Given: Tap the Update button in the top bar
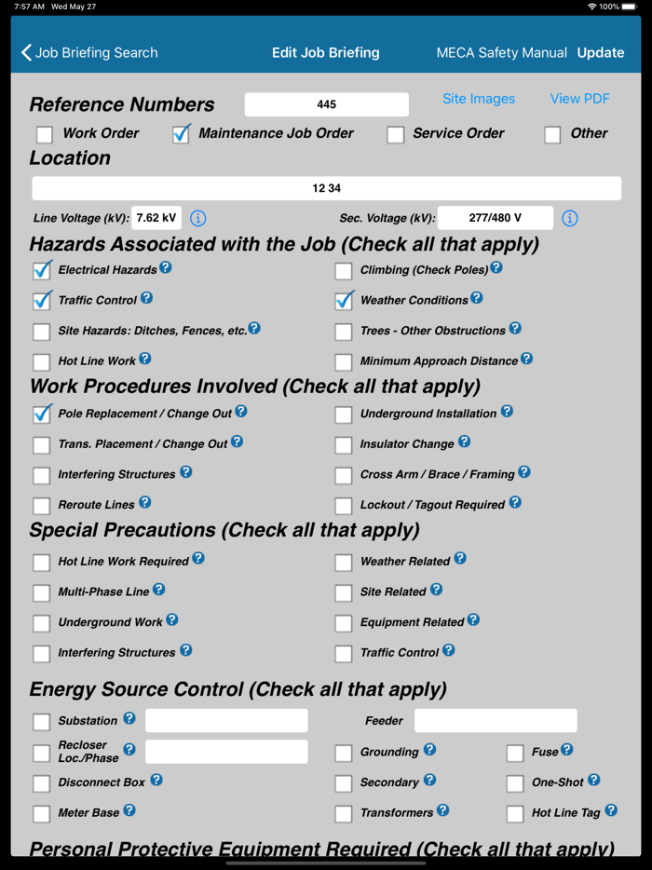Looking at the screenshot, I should click(x=601, y=53).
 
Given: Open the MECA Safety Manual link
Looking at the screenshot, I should click(x=501, y=53).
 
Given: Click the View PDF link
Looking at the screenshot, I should click(x=579, y=99).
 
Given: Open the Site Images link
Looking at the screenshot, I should click(x=479, y=99).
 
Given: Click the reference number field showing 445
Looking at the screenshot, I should click(x=326, y=104).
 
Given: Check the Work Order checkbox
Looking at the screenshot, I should click(x=45, y=135).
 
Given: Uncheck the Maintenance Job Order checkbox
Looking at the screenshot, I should click(x=182, y=135).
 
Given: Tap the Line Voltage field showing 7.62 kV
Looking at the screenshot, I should click(x=156, y=218).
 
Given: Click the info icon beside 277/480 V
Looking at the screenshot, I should click(x=570, y=218).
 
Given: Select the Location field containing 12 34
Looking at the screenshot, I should click(x=326, y=188).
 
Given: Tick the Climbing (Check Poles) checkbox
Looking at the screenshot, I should click(x=344, y=271).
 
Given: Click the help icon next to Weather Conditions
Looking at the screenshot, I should click(x=477, y=298).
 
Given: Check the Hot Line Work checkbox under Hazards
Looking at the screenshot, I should click(x=42, y=362).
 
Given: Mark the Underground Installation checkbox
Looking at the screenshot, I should click(x=344, y=415).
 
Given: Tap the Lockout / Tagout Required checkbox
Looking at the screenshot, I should click(x=344, y=506).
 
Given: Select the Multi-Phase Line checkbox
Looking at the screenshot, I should click(x=42, y=592).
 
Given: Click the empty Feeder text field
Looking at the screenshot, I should click(x=496, y=720).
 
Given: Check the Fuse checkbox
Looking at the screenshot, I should click(x=515, y=753).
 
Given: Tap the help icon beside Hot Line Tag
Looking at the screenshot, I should click(x=611, y=810).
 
